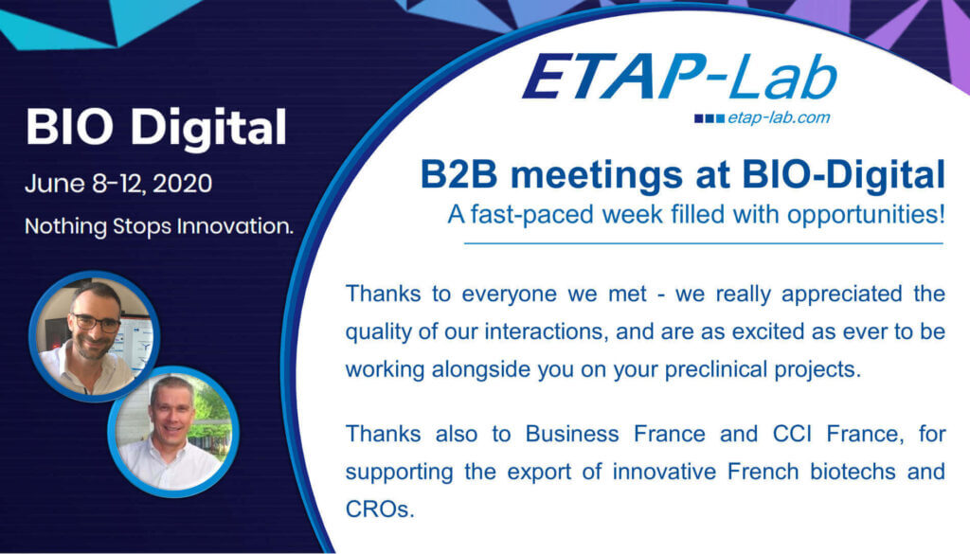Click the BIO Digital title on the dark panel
(x=156, y=128)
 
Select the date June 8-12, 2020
(x=118, y=183)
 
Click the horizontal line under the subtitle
(x=703, y=243)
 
